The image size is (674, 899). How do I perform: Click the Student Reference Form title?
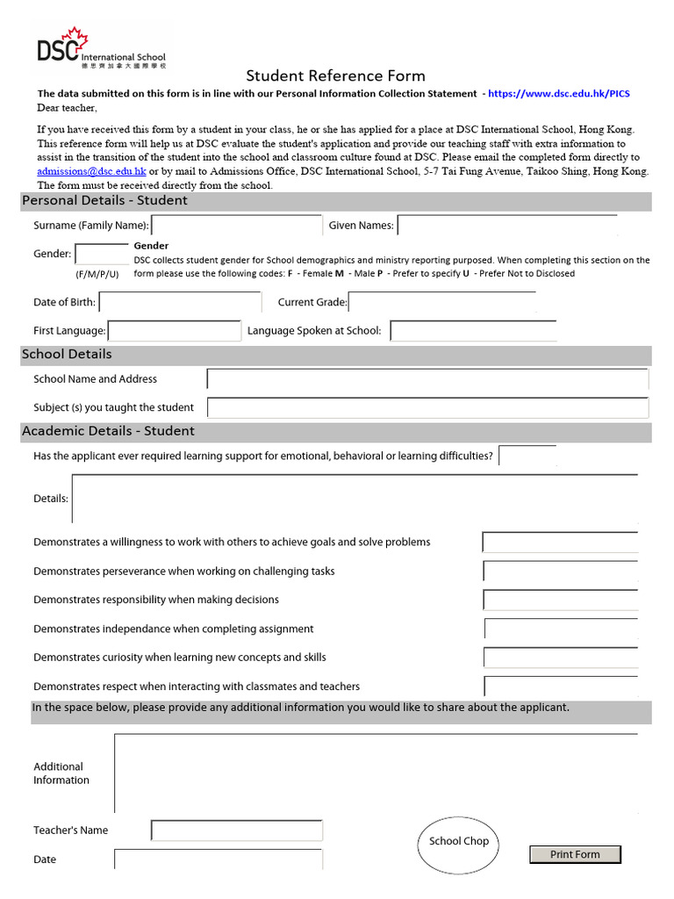click(335, 76)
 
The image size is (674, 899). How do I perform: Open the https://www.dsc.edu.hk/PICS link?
click(558, 93)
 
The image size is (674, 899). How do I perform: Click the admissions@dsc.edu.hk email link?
click(91, 171)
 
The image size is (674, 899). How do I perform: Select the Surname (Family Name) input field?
click(236, 226)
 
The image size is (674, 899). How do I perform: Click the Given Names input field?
click(507, 226)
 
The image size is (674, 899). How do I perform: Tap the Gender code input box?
click(102, 254)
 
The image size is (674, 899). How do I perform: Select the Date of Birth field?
click(181, 302)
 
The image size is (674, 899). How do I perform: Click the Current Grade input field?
click(441, 302)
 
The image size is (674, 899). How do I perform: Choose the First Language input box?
click(174, 331)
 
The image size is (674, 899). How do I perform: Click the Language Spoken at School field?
click(473, 331)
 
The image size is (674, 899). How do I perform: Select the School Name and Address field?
click(427, 379)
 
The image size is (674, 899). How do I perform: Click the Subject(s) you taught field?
click(427, 407)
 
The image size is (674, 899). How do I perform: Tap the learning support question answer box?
click(527, 456)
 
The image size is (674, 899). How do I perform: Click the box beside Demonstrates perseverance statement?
click(560, 572)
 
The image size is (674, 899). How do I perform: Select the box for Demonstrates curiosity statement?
click(560, 658)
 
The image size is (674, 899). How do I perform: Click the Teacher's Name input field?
click(236, 831)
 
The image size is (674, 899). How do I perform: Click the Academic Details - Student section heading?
click(108, 431)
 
